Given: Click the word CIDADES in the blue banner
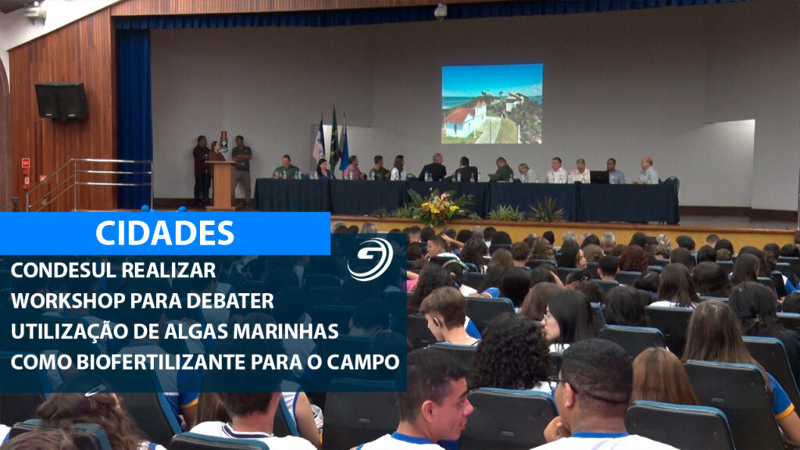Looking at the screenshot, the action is click(x=165, y=233).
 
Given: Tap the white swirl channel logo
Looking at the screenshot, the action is click(x=370, y=259).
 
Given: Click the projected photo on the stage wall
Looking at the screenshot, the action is click(x=492, y=104).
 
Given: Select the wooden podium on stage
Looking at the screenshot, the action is click(x=222, y=184).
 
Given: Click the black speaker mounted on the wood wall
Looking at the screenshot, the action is click(x=61, y=101).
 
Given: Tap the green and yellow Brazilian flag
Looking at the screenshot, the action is click(x=334, y=139).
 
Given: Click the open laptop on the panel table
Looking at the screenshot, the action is click(x=599, y=177).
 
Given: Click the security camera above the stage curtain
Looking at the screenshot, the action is click(x=441, y=11).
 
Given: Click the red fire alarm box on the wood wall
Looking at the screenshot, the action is click(x=26, y=163).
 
